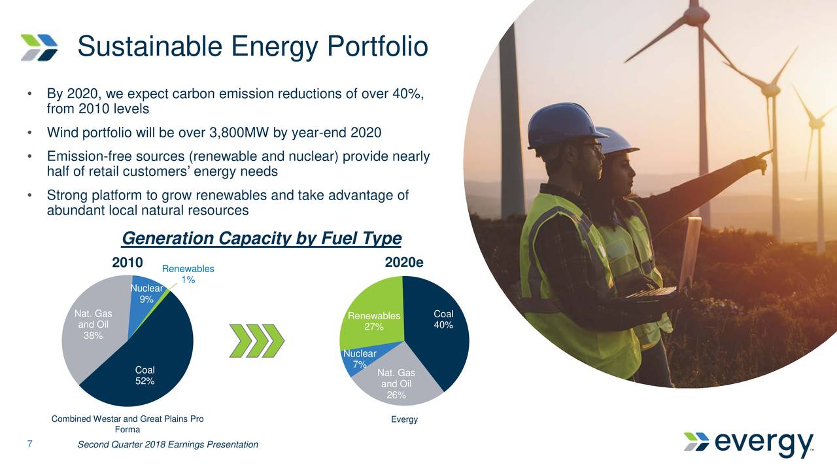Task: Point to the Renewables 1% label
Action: coord(188,274)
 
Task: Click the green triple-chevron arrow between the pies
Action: coord(256,340)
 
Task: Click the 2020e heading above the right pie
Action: coord(404,262)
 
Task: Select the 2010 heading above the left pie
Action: coord(128,262)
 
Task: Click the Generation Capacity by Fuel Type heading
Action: coord(262,237)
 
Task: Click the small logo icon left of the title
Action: coord(39,47)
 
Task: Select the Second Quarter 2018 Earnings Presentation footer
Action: coord(167,445)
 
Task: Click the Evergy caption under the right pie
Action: coord(404,419)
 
